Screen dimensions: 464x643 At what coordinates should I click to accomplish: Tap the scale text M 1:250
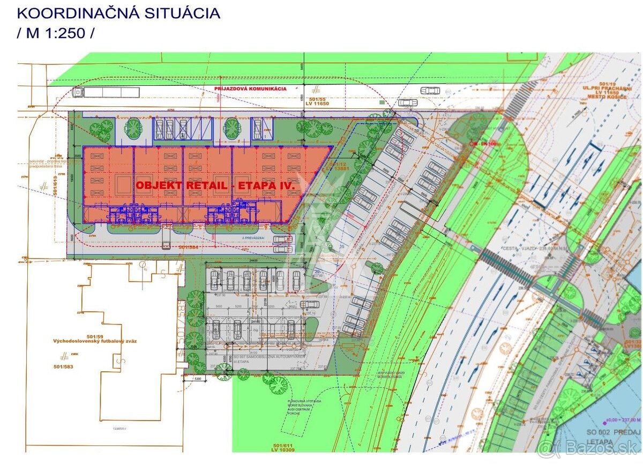56,33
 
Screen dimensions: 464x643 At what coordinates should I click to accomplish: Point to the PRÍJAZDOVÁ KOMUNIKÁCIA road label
250,89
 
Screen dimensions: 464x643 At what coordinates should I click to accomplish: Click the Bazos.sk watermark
589,447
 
